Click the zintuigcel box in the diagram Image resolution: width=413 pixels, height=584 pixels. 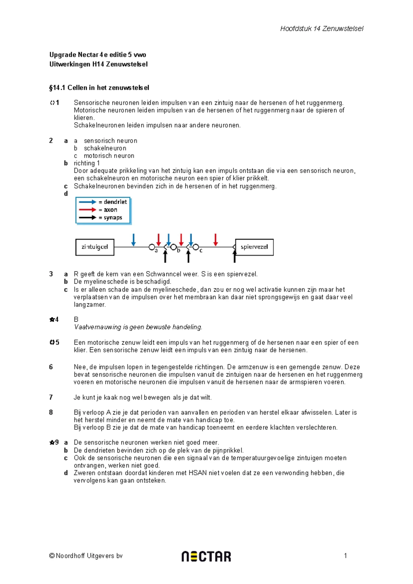[95, 247]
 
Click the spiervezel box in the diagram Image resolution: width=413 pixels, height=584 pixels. [254, 247]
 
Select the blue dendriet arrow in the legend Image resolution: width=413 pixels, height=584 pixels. [87, 202]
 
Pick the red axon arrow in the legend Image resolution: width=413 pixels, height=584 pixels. [87, 210]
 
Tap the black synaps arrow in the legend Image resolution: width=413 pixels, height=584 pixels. [87, 218]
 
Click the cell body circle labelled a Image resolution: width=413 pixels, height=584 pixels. [151, 247]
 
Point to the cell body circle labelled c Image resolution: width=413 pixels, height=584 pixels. [195, 247]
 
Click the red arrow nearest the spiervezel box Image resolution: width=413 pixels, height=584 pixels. [215, 240]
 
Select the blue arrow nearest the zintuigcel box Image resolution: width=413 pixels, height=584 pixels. [134, 240]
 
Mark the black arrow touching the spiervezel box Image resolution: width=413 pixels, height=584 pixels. [235, 257]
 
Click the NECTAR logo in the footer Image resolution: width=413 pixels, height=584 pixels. [206, 556]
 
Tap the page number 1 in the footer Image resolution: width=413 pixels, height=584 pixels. [345, 555]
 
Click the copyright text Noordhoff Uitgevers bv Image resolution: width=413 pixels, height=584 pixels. [86, 556]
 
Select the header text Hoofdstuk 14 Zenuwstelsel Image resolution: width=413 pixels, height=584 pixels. [321, 29]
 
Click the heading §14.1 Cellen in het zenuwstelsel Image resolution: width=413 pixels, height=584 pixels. [99, 88]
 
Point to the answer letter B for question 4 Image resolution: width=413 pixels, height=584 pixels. [76, 320]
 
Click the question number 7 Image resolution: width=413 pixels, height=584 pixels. [51, 397]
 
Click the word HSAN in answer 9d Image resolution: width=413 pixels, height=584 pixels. [198, 473]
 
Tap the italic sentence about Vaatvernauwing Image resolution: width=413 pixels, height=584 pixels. [138, 327]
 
